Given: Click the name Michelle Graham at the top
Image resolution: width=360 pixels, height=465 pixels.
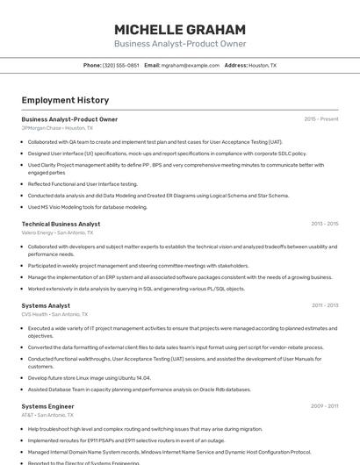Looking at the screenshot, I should click(180, 29).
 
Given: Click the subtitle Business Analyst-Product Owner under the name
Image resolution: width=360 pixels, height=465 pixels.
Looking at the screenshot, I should click(180, 44).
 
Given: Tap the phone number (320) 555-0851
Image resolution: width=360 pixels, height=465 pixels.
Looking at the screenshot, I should click(121, 65).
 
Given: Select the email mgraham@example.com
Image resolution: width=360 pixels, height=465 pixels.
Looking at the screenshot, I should click(191, 65).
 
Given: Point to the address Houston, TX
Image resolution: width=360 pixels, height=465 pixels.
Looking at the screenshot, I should click(262, 65).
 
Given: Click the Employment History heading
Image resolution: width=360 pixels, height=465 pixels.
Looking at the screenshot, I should click(65, 100).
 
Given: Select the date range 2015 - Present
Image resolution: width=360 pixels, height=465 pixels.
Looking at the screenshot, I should click(320, 119).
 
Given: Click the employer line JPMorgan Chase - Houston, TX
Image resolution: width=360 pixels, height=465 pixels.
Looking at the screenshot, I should click(57, 128).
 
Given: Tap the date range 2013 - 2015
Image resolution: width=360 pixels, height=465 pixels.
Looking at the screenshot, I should click(324, 224).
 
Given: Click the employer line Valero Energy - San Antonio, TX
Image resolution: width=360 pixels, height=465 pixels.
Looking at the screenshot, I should click(57, 232).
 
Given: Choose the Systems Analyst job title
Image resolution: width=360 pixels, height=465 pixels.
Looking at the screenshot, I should click(46, 305).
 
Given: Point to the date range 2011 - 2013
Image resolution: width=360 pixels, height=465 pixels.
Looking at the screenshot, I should click(324, 305).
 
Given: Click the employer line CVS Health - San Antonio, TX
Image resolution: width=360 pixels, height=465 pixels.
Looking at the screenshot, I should click(55, 314).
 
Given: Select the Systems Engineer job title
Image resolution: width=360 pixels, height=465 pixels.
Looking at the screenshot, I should click(47, 406).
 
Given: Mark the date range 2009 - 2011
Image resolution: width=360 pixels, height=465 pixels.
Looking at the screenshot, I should click(324, 406).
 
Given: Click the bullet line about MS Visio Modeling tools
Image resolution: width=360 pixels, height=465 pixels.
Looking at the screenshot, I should click(88, 207).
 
